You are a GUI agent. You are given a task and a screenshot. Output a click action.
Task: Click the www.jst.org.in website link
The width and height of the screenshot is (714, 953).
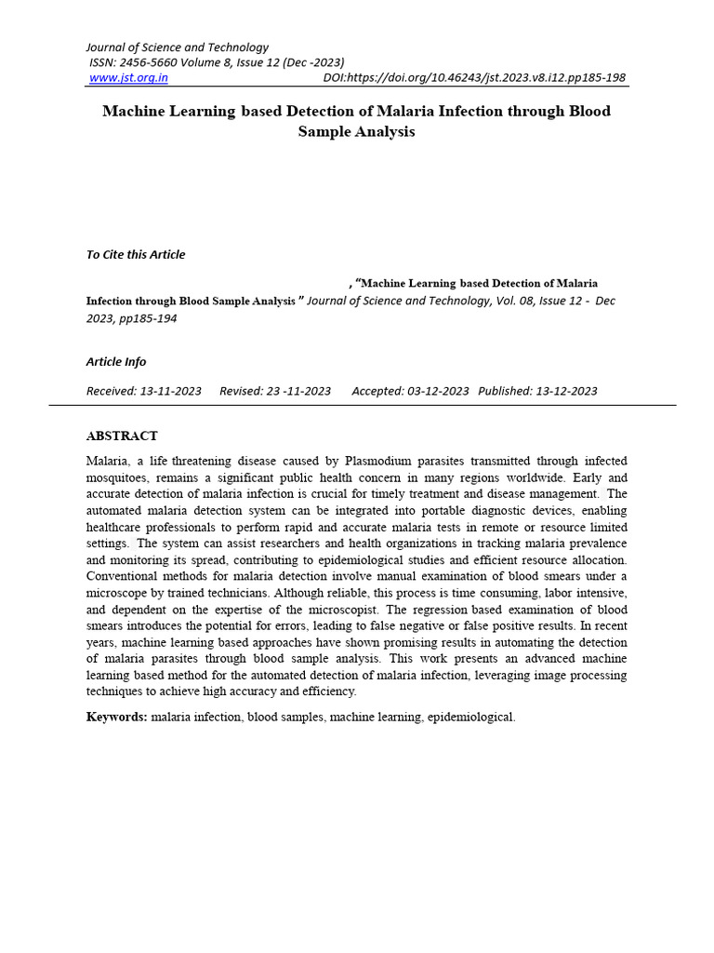[128, 78]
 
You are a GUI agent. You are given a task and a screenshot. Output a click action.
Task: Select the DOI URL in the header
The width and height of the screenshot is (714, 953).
[474, 78]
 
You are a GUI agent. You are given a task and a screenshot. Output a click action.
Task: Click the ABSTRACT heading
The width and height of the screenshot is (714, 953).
[122, 436]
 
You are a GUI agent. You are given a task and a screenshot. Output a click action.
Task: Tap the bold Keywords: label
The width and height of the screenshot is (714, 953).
[116, 717]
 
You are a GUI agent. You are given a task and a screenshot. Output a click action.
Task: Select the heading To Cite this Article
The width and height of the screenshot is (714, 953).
[136, 255]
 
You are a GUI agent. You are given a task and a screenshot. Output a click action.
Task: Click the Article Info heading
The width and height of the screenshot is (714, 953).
[116, 362]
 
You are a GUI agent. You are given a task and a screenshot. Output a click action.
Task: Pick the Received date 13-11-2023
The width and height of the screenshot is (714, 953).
[171, 391]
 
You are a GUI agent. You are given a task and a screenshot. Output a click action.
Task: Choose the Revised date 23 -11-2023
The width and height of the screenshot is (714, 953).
[301, 391]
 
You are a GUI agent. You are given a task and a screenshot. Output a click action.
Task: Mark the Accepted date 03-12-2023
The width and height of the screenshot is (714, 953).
[438, 391]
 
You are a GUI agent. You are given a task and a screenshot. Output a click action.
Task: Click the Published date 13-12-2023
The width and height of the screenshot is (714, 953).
[566, 391]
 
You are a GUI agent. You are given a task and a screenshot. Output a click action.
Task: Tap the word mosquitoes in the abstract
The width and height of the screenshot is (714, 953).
[117, 477]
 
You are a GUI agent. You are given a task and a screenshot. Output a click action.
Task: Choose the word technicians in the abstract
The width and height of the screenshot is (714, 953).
[263, 593]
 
